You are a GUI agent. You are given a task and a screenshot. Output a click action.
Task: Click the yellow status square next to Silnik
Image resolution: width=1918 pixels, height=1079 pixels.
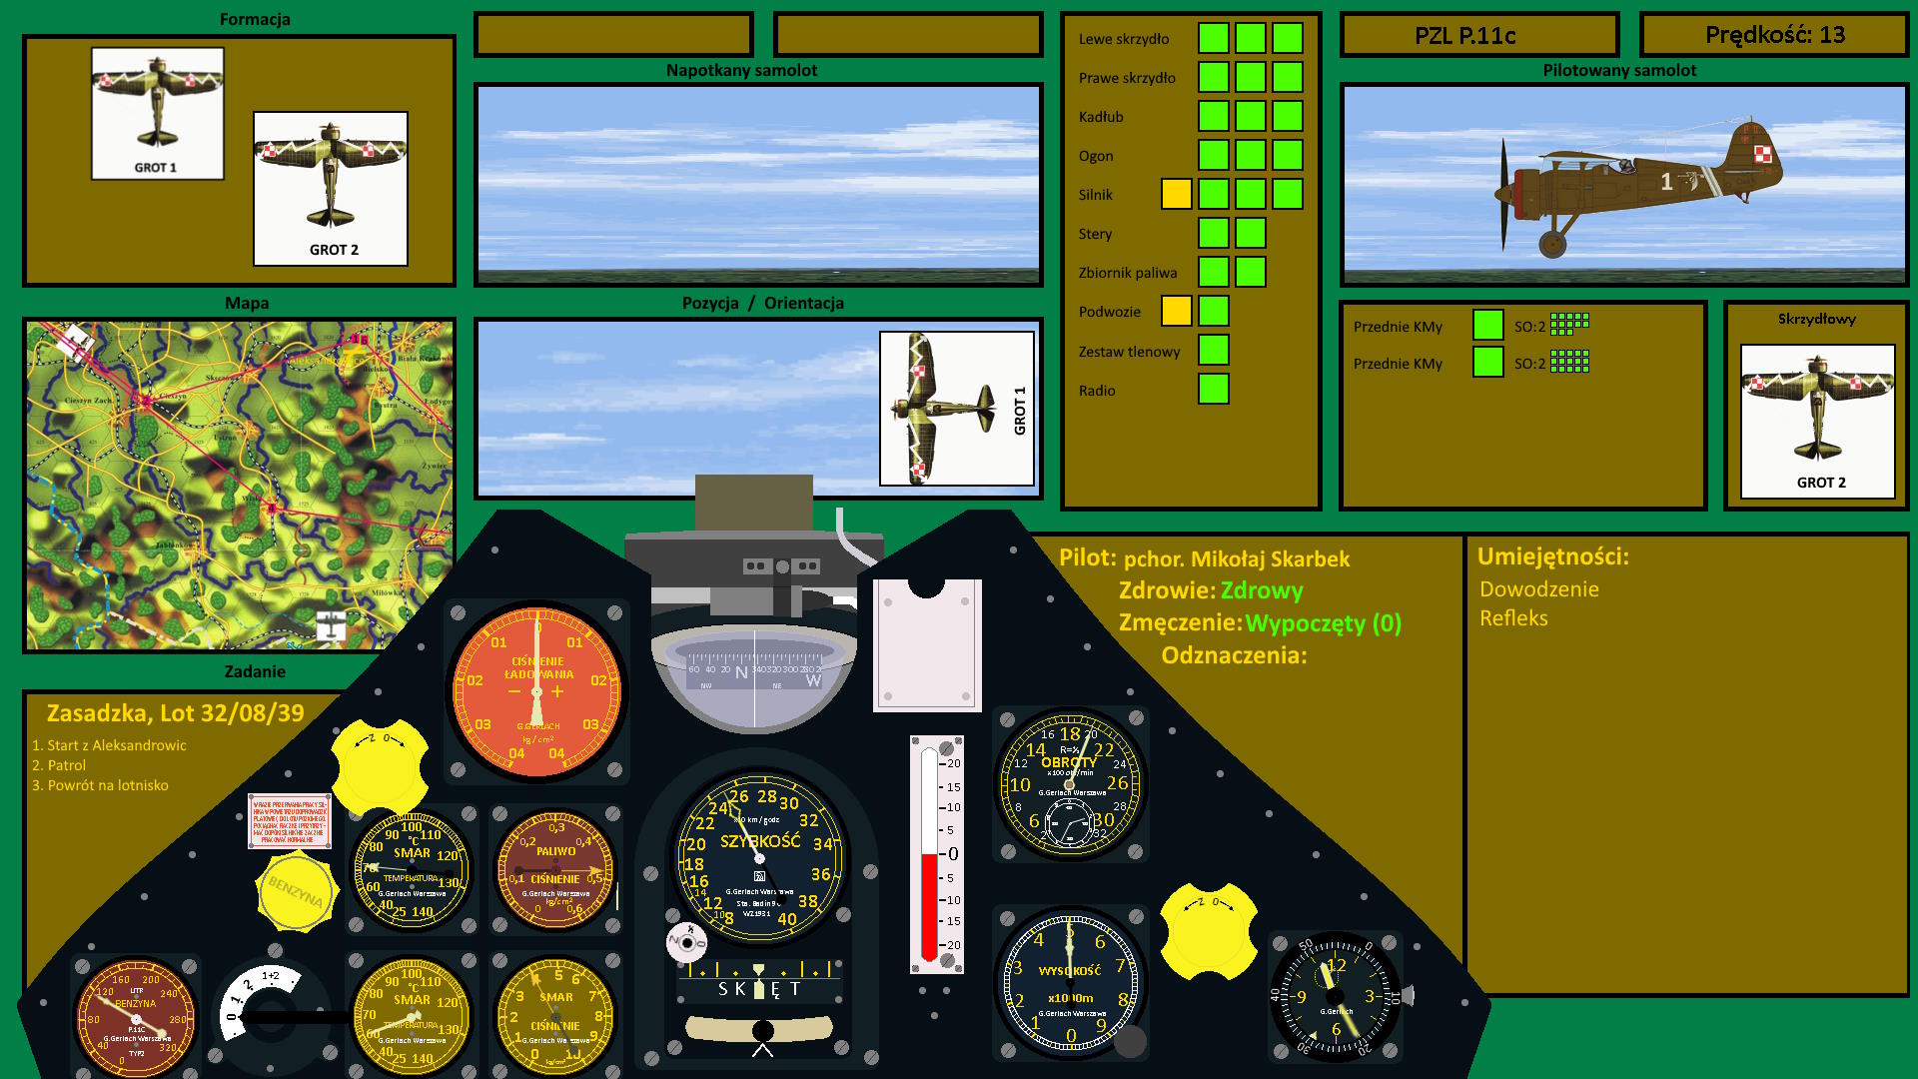point(1176,194)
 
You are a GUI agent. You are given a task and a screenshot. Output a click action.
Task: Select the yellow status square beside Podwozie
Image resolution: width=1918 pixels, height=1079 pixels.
point(1176,311)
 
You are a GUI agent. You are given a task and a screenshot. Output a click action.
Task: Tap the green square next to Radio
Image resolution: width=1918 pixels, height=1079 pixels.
point(1213,389)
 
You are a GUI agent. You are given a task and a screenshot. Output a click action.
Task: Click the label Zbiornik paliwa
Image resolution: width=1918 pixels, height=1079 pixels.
point(1127,273)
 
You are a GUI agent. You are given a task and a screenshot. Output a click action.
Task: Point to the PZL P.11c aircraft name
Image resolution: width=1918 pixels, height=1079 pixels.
point(1464,36)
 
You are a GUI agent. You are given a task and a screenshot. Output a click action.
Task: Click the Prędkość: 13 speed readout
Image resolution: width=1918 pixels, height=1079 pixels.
point(1774,35)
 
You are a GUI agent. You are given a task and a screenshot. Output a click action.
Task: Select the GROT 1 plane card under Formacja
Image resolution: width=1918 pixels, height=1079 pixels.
point(157,113)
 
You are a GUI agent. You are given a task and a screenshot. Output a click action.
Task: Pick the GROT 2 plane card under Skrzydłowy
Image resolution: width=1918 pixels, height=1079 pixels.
point(1817,421)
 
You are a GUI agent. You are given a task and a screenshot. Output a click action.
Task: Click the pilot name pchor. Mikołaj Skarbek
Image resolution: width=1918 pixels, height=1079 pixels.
point(1236,559)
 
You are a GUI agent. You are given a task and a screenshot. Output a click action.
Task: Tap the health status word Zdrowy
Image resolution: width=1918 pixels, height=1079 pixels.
point(1261,590)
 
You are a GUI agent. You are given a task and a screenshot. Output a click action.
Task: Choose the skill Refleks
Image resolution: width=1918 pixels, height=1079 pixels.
point(1513,618)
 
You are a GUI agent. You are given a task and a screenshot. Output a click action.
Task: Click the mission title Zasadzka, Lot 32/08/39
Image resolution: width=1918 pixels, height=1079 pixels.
point(175,713)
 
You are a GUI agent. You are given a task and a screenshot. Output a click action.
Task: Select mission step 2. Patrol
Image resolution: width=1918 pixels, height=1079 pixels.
point(59,765)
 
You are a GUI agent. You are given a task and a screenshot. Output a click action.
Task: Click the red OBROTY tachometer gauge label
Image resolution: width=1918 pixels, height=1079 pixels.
point(1069,762)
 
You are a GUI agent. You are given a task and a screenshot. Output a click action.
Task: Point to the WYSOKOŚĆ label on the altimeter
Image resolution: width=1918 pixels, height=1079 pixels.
point(1069,970)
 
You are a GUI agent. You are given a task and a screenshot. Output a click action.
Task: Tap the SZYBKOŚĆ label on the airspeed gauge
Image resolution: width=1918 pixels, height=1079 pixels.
point(760,841)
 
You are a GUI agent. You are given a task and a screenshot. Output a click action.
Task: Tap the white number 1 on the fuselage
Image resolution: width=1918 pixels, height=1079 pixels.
point(1666,181)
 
